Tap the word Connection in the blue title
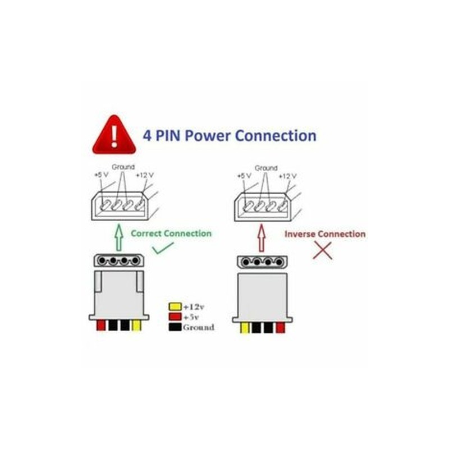[275, 136]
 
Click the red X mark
[322, 250]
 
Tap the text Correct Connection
[171, 233]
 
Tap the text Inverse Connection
[324, 233]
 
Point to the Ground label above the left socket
[123, 167]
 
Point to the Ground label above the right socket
[266, 168]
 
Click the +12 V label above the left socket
[144, 176]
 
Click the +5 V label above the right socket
[244, 176]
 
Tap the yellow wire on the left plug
[136, 326]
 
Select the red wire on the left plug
[101, 326]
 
